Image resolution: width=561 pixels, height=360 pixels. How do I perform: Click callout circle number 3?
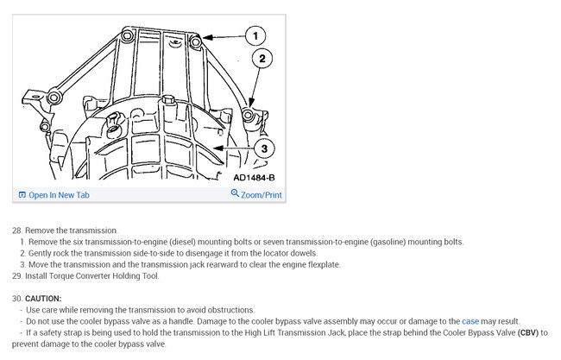tap(264, 148)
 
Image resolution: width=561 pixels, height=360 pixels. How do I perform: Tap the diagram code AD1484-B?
tap(254, 178)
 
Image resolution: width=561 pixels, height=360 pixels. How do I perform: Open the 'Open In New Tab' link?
tap(59, 195)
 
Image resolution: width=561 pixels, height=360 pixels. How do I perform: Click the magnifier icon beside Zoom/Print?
tap(235, 194)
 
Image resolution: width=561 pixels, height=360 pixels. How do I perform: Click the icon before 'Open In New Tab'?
tap(22, 195)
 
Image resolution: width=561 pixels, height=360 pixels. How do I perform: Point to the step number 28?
tap(16, 231)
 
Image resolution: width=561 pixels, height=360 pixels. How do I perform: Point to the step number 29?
tap(16, 276)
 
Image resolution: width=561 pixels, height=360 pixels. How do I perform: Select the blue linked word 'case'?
tap(470, 321)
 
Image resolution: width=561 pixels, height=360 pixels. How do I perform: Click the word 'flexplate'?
tap(323, 265)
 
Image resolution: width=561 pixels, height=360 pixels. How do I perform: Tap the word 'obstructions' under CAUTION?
tap(231, 310)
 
